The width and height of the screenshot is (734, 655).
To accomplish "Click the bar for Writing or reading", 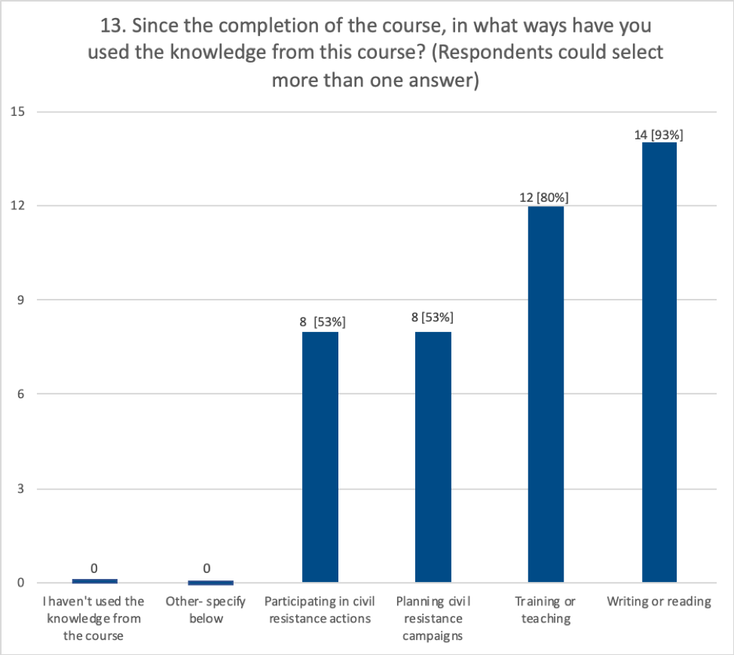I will click(659, 361).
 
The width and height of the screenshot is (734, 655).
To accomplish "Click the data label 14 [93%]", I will click(659, 135).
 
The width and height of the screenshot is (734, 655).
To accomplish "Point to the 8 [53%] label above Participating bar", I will click(322, 321).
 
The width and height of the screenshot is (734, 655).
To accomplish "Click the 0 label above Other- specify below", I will click(206, 569).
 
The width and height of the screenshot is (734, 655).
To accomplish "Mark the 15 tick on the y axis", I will click(17, 112).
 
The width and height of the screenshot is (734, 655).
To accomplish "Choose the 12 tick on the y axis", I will click(17, 206).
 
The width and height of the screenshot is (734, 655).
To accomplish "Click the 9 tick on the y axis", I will click(20, 300).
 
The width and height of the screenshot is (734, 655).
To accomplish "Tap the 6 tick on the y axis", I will click(20, 394).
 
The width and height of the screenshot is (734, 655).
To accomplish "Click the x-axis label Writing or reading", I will click(659, 602).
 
